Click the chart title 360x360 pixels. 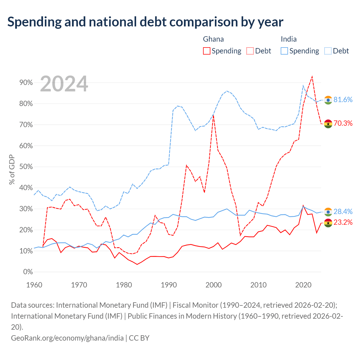pyautogui.click(x=145, y=22)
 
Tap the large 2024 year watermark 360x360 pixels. pyautogui.click(x=64, y=84)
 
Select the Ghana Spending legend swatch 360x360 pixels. pyautogui.click(x=206, y=51)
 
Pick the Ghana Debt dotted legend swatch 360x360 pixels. pyautogui.click(x=250, y=51)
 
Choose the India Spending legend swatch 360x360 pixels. pyautogui.click(x=284, y=51)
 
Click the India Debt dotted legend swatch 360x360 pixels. pyautogui.click(x=328, y=51)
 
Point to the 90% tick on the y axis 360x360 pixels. pyautogui.click(x=26, y=83)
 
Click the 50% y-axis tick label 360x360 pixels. pyautogui.click(x=26, y=167)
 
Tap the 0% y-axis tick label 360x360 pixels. pyautogui.click(x=28, y=272)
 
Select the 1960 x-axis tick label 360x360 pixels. pyautogui.click(x=34, y=285)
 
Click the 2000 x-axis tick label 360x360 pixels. pyautogui.click(x=213, y=285)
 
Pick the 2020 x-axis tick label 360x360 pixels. pyautogui.click(x=303, y=285)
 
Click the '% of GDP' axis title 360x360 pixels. pyautogui.click(x=12, y=169)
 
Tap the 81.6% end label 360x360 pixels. pyautogui.click(x=343, y=100)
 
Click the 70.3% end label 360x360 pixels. pyautogui.click(x=343, y=123)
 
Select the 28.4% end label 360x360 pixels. pyautogui.click(x=343, y=212)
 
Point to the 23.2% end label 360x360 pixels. pyautogui.click(x=343, y=222)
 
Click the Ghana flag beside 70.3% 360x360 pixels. pyautogui.click(x=328, y=124)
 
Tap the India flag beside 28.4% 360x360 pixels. pyautogui.click(x=328, y=212)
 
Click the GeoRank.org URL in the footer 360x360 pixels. pyautogui.click(x=67, y=338)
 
